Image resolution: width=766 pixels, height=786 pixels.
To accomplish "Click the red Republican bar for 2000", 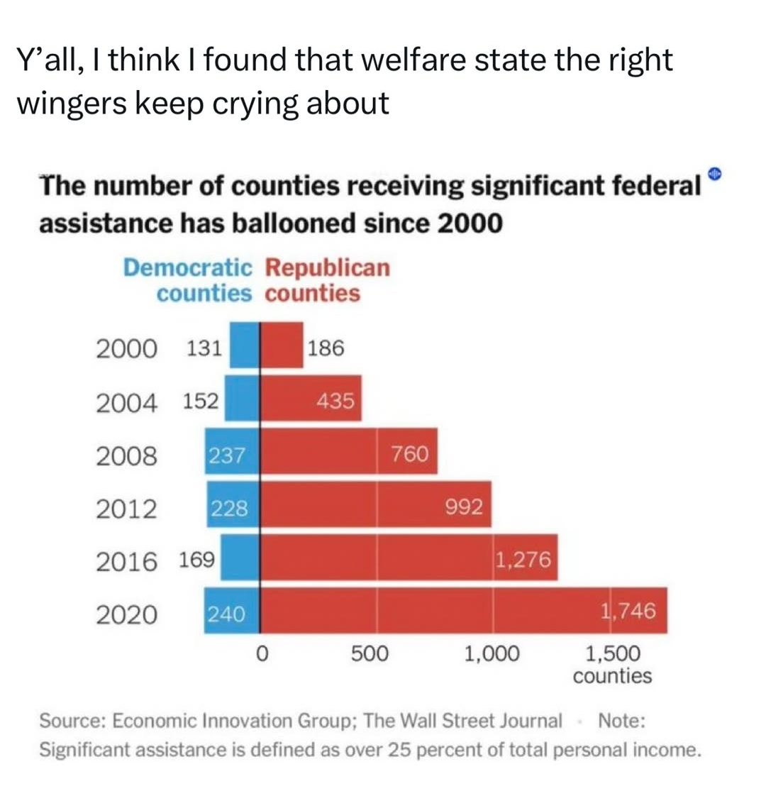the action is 282,345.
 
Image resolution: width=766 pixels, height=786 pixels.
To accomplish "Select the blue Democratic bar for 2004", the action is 242,398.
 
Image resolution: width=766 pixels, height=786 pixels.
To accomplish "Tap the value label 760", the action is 410,454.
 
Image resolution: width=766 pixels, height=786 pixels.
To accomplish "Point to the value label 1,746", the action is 628,611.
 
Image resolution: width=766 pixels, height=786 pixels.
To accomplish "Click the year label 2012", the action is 126,509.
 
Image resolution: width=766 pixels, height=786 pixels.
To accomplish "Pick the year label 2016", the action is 126,561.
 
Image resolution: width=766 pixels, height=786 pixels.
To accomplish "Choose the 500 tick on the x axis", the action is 370,653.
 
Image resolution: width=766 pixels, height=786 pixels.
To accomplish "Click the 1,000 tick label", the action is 492,653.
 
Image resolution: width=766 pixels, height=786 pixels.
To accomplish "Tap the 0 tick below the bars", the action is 262,653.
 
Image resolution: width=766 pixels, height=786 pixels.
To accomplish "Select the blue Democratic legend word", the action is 187,267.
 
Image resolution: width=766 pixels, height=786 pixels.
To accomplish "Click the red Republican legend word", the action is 328,268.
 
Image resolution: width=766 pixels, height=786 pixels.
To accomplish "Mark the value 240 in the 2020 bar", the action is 226,614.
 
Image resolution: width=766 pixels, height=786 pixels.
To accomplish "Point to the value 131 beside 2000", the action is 204,348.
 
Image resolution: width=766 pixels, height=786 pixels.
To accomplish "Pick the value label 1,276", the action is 523,559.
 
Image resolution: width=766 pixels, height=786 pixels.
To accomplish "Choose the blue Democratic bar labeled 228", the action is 233,504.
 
